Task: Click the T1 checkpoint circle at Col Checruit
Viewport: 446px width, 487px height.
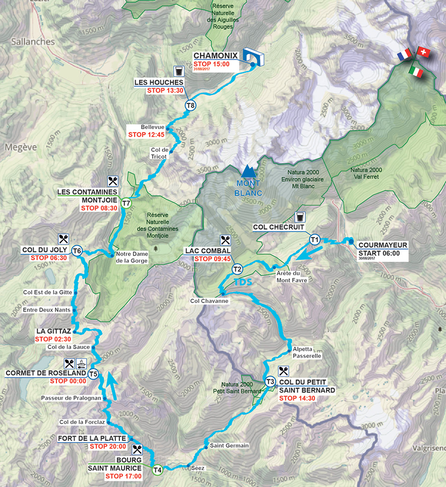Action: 315,239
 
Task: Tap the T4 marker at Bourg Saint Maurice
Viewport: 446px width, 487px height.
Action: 157,470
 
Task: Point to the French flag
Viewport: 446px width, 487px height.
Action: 404,55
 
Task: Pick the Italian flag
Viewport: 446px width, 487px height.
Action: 416,72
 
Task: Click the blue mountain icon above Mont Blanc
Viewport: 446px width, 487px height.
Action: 247,170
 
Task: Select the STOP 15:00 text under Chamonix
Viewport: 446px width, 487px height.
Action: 211,64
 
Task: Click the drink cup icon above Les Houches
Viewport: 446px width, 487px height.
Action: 178,70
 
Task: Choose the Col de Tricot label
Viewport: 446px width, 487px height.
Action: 159,153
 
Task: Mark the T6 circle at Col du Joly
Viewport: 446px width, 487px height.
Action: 77,251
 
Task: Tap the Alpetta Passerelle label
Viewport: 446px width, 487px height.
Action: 306,352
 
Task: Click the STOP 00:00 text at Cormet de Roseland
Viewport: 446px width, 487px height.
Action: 68,381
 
